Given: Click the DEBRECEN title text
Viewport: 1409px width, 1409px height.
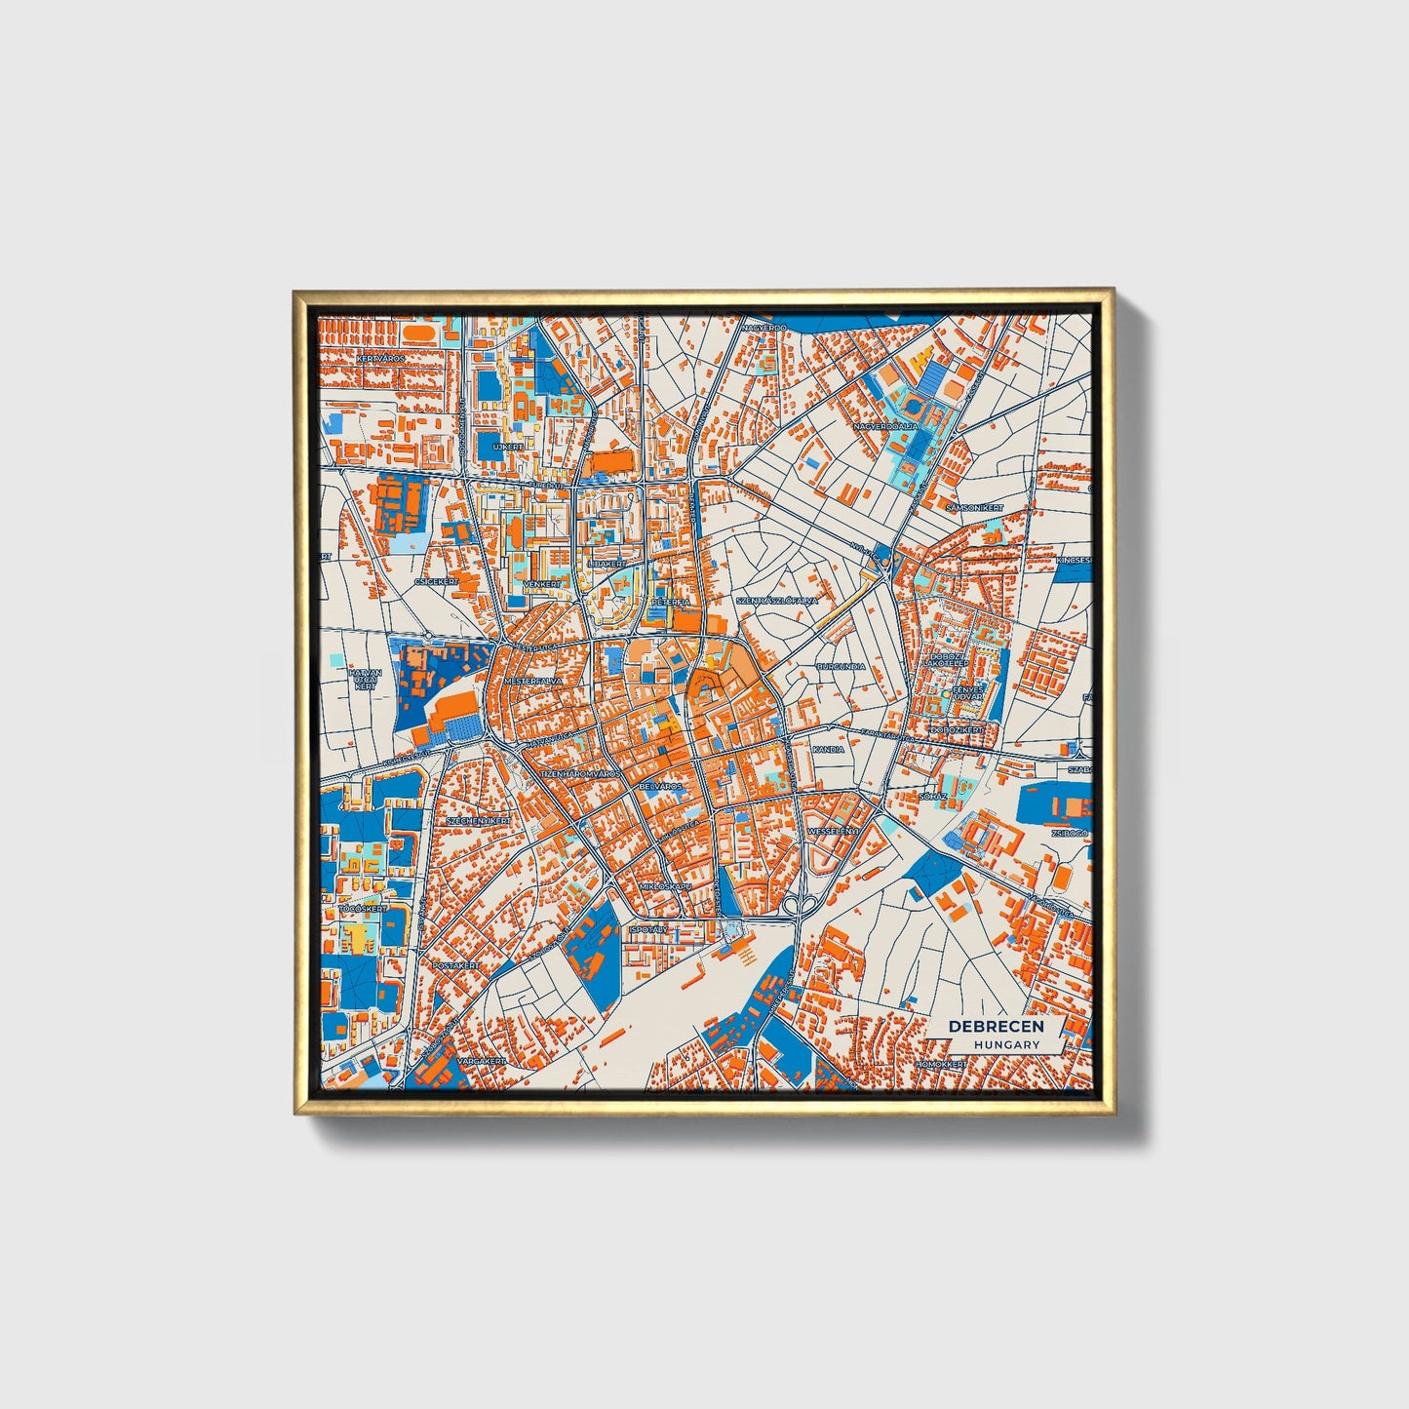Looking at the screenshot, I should coord(996,1027).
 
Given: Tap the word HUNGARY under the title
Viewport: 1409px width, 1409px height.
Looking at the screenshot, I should coord(1006,1044).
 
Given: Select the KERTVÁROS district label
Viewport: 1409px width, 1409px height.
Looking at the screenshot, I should coord(380,359).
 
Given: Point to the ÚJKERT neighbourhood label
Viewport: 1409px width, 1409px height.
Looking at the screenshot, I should coord(508,446).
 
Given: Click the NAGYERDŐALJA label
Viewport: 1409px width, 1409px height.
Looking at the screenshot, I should coord(885,426).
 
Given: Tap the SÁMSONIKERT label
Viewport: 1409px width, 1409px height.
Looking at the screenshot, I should coord(974,508).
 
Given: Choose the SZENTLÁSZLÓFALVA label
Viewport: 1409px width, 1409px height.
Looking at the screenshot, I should coord(777,602).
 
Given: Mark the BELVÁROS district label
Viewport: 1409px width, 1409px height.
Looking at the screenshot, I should coord(660,785).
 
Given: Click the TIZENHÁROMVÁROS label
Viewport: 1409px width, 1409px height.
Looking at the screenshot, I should coord(581,773).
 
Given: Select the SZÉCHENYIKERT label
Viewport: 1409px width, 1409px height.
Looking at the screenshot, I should coord(478,821).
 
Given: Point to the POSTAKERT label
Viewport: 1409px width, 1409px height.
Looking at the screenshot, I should coord(456,965).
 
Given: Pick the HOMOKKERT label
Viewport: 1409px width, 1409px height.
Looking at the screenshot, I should coord(940,1064).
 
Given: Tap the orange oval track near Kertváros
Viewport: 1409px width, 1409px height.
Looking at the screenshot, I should coord(421,333).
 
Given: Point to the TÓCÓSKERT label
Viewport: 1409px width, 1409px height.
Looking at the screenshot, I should coord(363,909).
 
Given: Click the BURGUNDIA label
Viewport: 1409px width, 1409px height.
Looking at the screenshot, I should coord(841,668).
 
